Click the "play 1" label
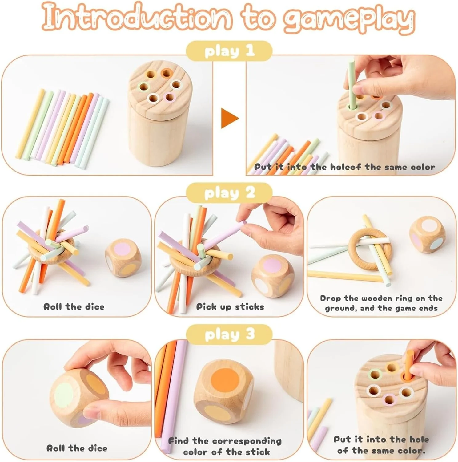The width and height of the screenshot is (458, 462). [x=230, y=51]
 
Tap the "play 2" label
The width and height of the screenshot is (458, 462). [x=230, y=193]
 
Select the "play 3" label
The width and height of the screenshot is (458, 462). [x=230, y=334]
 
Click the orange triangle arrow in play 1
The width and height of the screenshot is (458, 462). [x=230, y=118]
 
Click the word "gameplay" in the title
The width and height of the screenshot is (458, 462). [x=349, y=19]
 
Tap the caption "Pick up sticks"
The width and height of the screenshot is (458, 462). [x=230, y=307]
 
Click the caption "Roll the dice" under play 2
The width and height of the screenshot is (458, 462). [x=74, y=307]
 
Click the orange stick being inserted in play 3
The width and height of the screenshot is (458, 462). [x=409, y=365]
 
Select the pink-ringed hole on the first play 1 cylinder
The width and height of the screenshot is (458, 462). [x=170, y=97]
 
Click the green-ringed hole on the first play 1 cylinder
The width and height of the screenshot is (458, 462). [x=143, y=87]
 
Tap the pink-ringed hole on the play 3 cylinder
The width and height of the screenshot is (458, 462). [x=389, y=399]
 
